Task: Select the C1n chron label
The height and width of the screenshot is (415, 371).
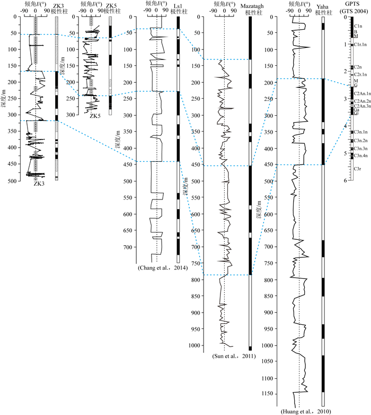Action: coord(357,26)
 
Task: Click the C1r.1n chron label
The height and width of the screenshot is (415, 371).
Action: coord(359,45)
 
